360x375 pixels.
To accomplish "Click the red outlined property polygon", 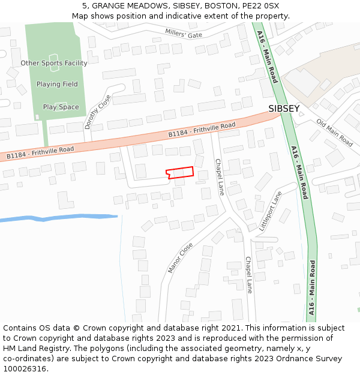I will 180,173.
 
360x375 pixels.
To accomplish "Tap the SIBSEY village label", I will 284,109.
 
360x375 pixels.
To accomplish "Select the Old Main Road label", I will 335,132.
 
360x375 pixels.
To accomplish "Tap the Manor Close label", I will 180,258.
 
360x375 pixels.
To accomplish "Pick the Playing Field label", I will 57,85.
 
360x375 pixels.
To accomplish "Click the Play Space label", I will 61,107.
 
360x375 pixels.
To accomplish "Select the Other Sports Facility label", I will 54,63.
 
